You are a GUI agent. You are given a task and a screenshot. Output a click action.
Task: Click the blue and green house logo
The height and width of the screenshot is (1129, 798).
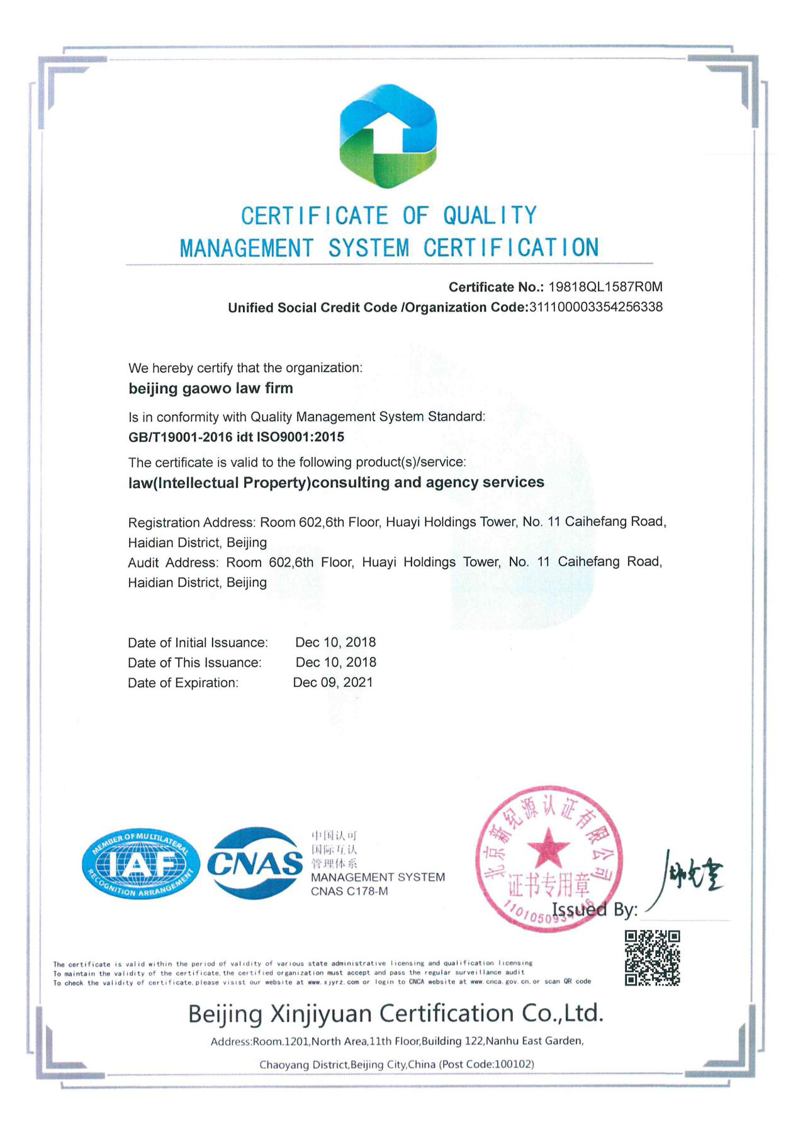tap(388, 136)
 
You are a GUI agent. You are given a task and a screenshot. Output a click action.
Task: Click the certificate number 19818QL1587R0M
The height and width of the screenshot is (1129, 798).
tap(605, 287)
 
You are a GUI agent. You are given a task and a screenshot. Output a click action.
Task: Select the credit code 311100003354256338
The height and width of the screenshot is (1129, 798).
tap(595, 307)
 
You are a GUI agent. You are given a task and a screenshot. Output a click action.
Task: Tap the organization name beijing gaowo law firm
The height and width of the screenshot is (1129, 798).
tap(211, 389)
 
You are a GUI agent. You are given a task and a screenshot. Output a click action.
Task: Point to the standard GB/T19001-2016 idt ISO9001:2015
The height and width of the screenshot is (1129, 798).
tap(236, 437)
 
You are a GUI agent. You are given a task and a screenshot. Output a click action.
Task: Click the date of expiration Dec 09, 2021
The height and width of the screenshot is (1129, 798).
tap(333, 683)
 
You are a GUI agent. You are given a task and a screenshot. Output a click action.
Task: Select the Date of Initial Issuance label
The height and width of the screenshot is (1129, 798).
tap(198, 643)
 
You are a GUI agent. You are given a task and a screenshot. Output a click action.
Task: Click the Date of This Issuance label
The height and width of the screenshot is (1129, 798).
tap(194, 663)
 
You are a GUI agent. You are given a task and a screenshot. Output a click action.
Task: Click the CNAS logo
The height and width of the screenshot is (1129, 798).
tap(255, 863)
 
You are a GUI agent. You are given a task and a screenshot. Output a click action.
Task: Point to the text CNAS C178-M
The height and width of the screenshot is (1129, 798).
tap(349, 892)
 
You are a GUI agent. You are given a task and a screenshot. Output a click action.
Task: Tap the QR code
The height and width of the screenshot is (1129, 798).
tap(652, 957)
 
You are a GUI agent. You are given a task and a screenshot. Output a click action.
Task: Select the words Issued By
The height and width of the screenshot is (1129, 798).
tap(594, 910)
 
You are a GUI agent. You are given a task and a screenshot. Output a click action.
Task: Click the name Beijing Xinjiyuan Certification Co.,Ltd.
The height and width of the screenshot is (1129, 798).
tap(396, 1014)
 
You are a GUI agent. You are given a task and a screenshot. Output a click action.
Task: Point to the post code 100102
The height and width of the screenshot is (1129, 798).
tap(513, 1064)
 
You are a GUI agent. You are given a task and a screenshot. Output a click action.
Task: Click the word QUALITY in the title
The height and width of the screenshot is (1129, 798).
tap(490, 216)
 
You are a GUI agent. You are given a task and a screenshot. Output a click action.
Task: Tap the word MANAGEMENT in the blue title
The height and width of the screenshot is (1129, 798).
tap(246, 248)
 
